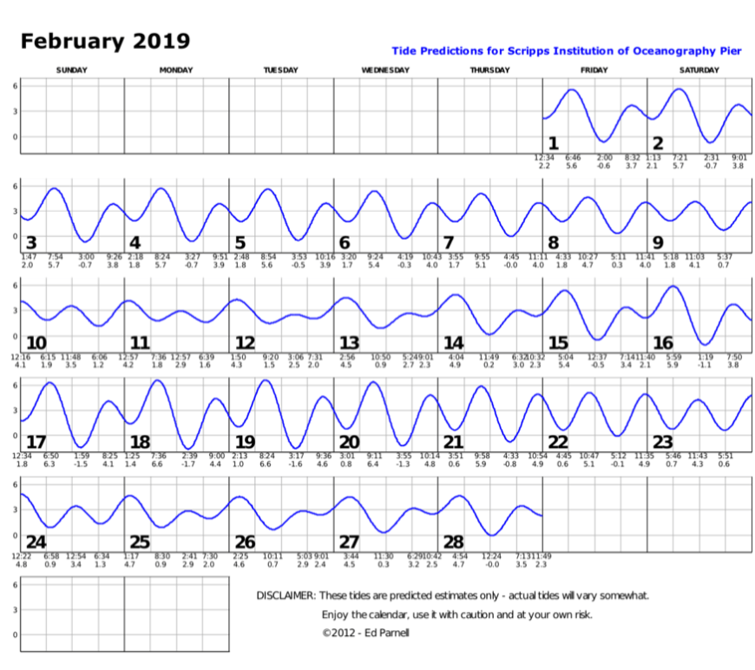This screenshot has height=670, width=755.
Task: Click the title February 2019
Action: point(105,42)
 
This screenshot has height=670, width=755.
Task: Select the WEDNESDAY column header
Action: point(384,70)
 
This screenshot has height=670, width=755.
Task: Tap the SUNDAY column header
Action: point(71,70)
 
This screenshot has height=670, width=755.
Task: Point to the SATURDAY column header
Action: point(699,70)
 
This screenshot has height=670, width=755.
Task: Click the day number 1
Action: point(553,143)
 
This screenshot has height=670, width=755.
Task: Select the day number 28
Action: point(453,541)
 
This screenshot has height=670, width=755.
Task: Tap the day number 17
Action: point(36,441)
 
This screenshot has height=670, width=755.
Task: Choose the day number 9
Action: point(658,242)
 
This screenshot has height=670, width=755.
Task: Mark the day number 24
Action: point(36,541)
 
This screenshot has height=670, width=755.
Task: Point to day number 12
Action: point(245,342)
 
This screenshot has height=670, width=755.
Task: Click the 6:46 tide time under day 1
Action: point(573,157)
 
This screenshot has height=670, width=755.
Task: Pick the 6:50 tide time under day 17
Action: point(50,456)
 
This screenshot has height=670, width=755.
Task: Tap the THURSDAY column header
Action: point(489,70)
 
